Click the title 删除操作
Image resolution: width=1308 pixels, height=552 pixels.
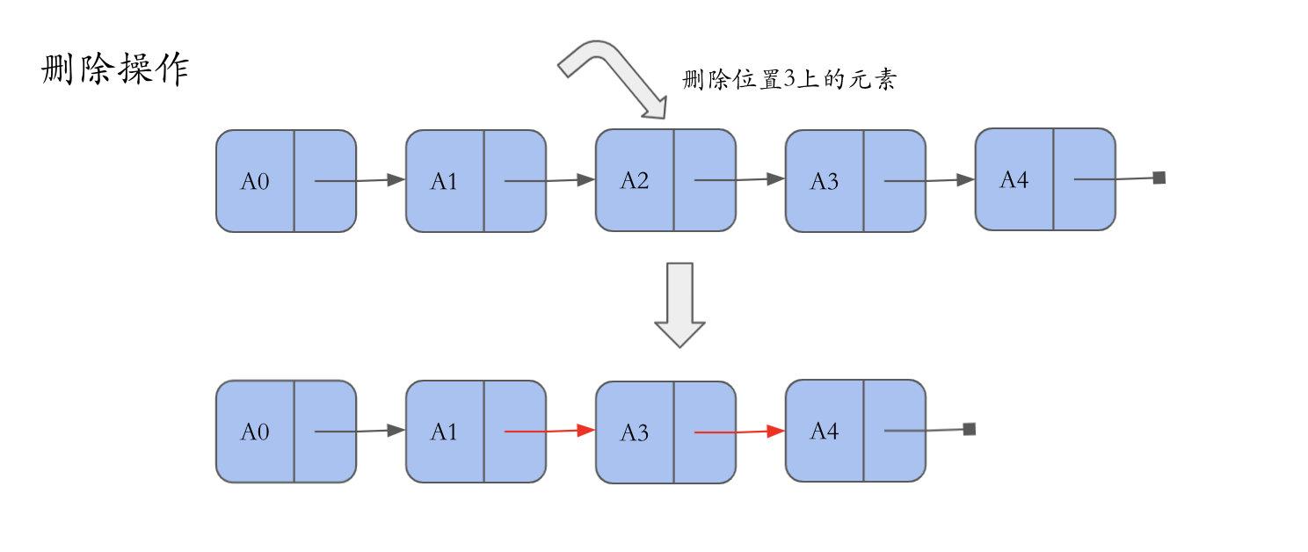(x=115, y=69)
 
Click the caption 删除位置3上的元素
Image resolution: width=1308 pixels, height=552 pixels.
(x=788, y=79)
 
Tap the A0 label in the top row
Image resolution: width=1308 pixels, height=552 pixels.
(x=255, y=181)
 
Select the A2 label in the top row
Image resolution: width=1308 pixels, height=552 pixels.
(x=634, y=180)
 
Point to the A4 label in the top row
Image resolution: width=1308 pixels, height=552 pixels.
(x=1014, y=179)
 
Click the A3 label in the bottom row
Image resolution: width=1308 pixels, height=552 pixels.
(x=634, y=432)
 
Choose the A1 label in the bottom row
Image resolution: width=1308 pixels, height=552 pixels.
(x=444, y=432)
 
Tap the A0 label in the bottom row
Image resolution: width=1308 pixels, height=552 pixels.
(x=255, y=432)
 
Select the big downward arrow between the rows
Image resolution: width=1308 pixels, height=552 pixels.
(x=679, y=305)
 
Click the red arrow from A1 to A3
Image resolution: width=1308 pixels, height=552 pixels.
(x=549, y=431)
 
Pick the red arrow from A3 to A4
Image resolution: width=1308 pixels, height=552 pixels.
(x=739, y=432)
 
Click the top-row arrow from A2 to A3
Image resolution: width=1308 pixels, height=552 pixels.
(x=739, y=179)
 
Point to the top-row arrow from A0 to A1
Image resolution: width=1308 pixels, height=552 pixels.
(x=360, y=180)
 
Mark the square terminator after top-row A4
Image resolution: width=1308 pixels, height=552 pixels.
(x=1159, y=178)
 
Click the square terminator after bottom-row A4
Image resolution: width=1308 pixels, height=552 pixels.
(x=970, y=429)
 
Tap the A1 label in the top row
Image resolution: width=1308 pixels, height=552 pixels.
(x=444, y=181)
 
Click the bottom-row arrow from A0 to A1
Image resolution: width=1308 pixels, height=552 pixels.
(x=360, y=431)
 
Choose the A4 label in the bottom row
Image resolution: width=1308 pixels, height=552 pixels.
(x=824, y=431)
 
